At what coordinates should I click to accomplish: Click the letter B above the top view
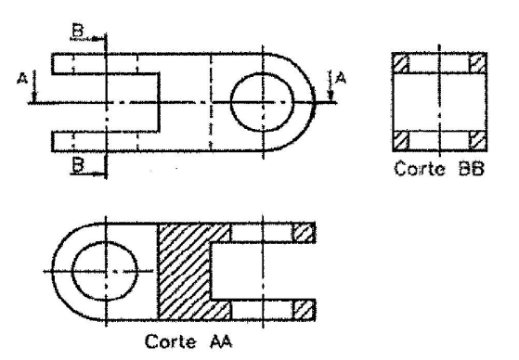[x=78, y=31]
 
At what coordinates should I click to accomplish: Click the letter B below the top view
[x=78, y=165]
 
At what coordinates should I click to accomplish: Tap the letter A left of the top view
[x=22, y=79]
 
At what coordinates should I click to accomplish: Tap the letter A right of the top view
[x=341, y=79]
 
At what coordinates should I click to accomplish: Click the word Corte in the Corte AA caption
[x=171, y=341]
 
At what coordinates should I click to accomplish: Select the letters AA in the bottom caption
[x=221, y=341]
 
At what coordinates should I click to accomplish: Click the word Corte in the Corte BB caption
[x=420, y=169]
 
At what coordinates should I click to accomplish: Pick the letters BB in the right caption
[x=472, y=169]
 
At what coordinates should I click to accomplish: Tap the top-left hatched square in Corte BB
[x=401, y=63]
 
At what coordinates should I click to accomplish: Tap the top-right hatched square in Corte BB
[x=478, y=63]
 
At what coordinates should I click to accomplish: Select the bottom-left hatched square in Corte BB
[x=401, y=141]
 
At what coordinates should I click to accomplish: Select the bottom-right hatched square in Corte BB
[x=478, y=141]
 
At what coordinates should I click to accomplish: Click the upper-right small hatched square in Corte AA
[x=304, y=233]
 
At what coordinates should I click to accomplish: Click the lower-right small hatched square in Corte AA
[x=304, y=310]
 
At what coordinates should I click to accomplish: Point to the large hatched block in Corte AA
[x=184, y=271]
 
